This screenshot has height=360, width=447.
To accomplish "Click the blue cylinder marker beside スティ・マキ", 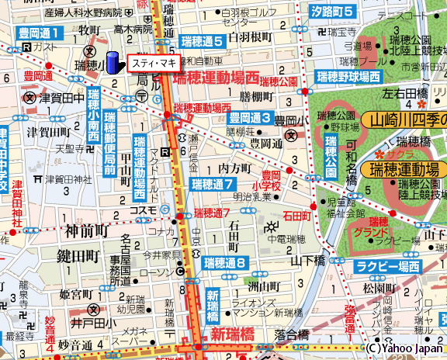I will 113,62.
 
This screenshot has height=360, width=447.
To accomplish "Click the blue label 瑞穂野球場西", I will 348,77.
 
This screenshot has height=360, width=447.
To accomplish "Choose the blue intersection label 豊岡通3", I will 249,118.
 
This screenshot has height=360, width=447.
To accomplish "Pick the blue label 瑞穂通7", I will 213,184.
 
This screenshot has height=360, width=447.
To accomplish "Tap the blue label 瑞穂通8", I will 225,264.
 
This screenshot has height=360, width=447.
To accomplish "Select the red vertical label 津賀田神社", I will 15,205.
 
